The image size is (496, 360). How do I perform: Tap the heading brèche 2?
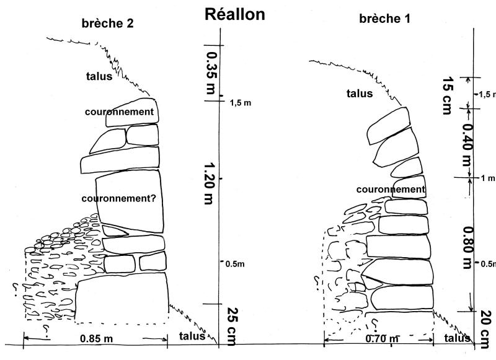108,24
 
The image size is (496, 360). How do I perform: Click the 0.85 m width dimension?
96,339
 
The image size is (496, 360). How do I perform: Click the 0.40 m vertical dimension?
466,144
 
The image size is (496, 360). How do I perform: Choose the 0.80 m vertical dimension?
467,245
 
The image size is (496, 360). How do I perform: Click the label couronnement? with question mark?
118,198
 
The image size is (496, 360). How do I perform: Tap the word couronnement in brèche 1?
391,189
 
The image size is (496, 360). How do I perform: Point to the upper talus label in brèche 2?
99,77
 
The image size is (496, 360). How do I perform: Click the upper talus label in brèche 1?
360,94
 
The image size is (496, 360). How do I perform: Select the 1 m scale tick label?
487,178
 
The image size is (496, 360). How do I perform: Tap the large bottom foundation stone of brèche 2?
122,297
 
